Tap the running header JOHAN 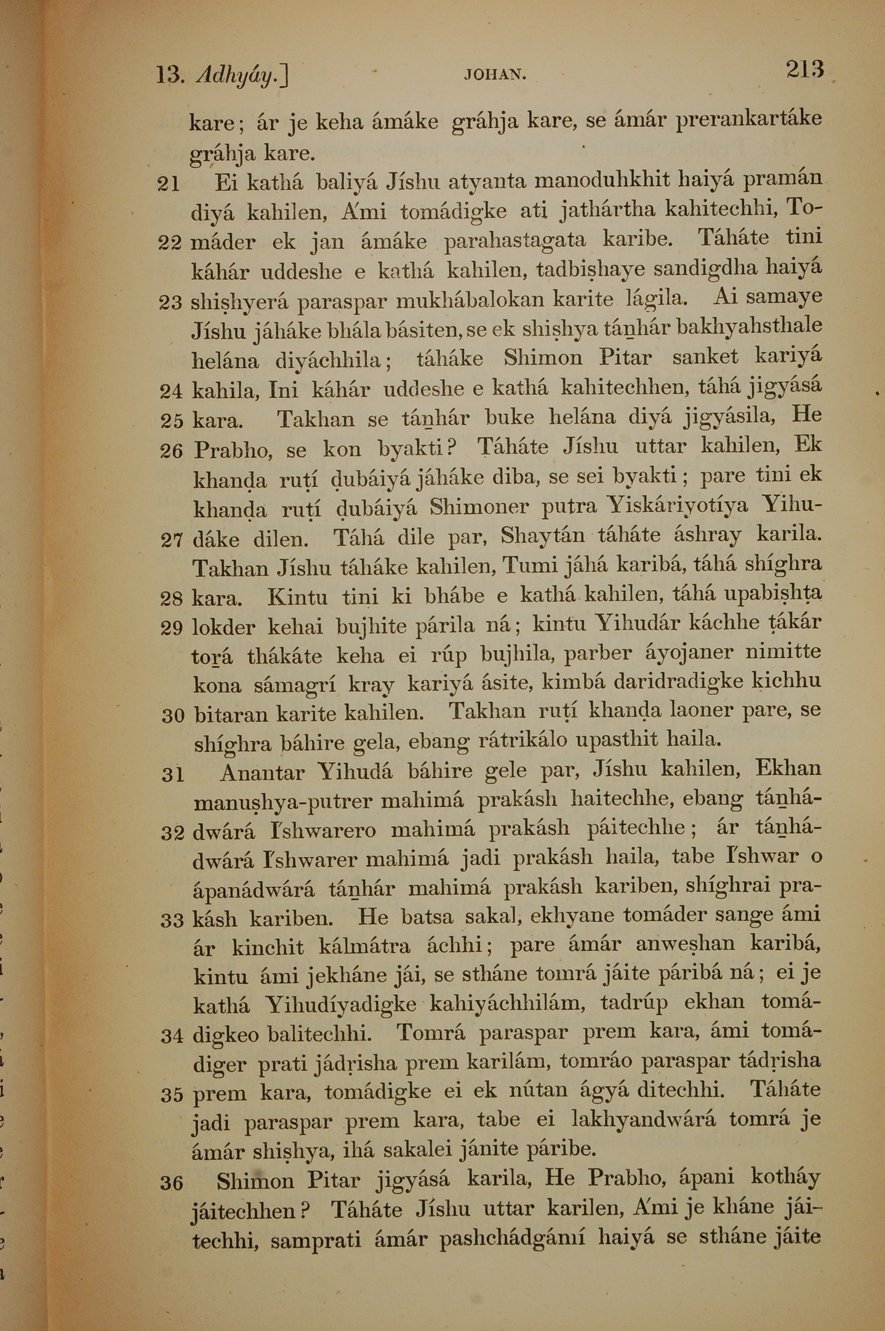coord(495,74)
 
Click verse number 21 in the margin coord(168,185)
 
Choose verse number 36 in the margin coord(172,1182)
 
